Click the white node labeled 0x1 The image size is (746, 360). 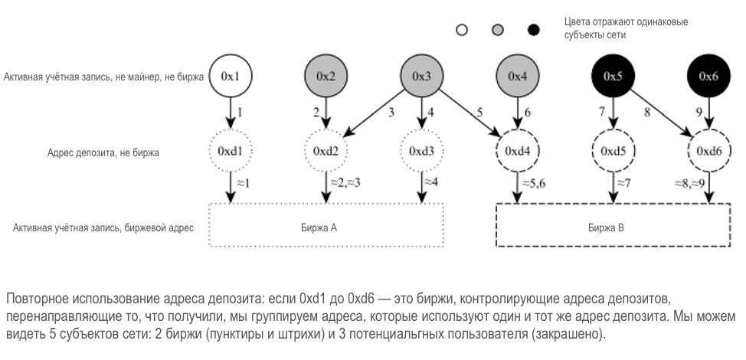[231, 76]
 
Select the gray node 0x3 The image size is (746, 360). [422, 76]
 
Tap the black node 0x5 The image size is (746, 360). [613, 76]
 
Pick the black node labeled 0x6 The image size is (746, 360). [709, 76]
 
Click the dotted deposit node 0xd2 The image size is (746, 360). [326, 151]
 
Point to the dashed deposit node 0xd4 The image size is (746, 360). [518, 151]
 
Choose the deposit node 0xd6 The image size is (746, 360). [709, 151]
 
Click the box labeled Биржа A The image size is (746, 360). [326, 227]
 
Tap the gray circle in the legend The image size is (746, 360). [498, 31]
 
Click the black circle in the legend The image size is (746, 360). [534, 31]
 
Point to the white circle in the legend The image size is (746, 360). [462, 31]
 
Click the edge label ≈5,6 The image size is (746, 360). [535, 184]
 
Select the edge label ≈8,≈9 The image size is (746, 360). [689, 184]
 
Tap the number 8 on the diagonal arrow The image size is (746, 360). [649, 112]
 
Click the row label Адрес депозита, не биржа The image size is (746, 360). [103, 153]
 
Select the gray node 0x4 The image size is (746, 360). [518, 76]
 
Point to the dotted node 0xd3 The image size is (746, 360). [422, 151]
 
